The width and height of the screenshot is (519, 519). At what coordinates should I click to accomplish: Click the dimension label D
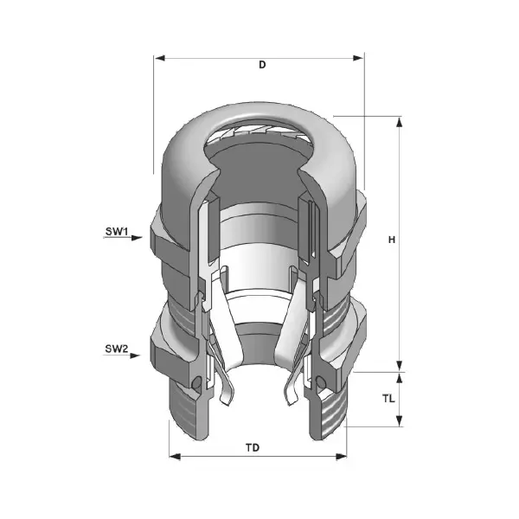(262, 65)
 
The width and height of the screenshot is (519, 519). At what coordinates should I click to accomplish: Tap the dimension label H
(392, 240)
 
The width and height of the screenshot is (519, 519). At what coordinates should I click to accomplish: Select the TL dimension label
(389, 399)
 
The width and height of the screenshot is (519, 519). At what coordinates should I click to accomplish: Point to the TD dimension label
(253, 448)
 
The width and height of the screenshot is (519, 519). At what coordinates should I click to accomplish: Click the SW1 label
(117, 231)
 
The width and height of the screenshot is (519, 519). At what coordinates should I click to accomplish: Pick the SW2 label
(117, 349)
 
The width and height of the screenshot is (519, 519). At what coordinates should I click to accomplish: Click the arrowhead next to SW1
(137, 238)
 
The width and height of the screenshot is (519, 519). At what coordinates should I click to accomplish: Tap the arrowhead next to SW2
(135, 356)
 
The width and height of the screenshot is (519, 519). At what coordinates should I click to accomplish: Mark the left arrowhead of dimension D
(160, 58)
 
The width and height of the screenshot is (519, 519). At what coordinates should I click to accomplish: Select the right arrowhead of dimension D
(358, 58)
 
